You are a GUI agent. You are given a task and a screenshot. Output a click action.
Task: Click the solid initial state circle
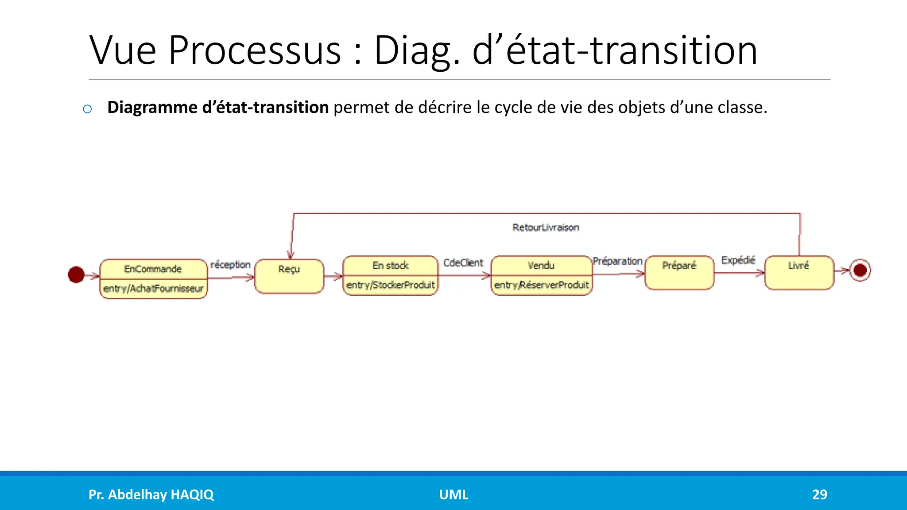76,274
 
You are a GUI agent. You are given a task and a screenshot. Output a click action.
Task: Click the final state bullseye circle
860,270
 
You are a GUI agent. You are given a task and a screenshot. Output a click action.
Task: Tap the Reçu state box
289,276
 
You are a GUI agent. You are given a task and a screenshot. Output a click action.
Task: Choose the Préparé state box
679,273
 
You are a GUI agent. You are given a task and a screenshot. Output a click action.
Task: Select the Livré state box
799,273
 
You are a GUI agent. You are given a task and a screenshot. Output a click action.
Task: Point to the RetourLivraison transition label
546,228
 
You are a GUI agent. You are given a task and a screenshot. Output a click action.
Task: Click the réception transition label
230,264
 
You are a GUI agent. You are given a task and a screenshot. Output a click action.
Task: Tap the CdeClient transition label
463,263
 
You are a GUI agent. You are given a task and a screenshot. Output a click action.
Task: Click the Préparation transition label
617,261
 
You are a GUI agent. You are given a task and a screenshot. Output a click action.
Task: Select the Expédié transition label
738,260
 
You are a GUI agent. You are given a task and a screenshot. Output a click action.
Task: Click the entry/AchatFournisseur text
153,289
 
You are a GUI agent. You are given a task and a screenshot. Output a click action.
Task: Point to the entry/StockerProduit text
391,285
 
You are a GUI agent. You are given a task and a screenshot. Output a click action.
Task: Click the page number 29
819,495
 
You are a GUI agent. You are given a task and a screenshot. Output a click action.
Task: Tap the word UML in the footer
453,495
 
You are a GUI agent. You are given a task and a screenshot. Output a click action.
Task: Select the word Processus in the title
255,50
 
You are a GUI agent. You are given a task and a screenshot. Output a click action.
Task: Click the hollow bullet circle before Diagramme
87,109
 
